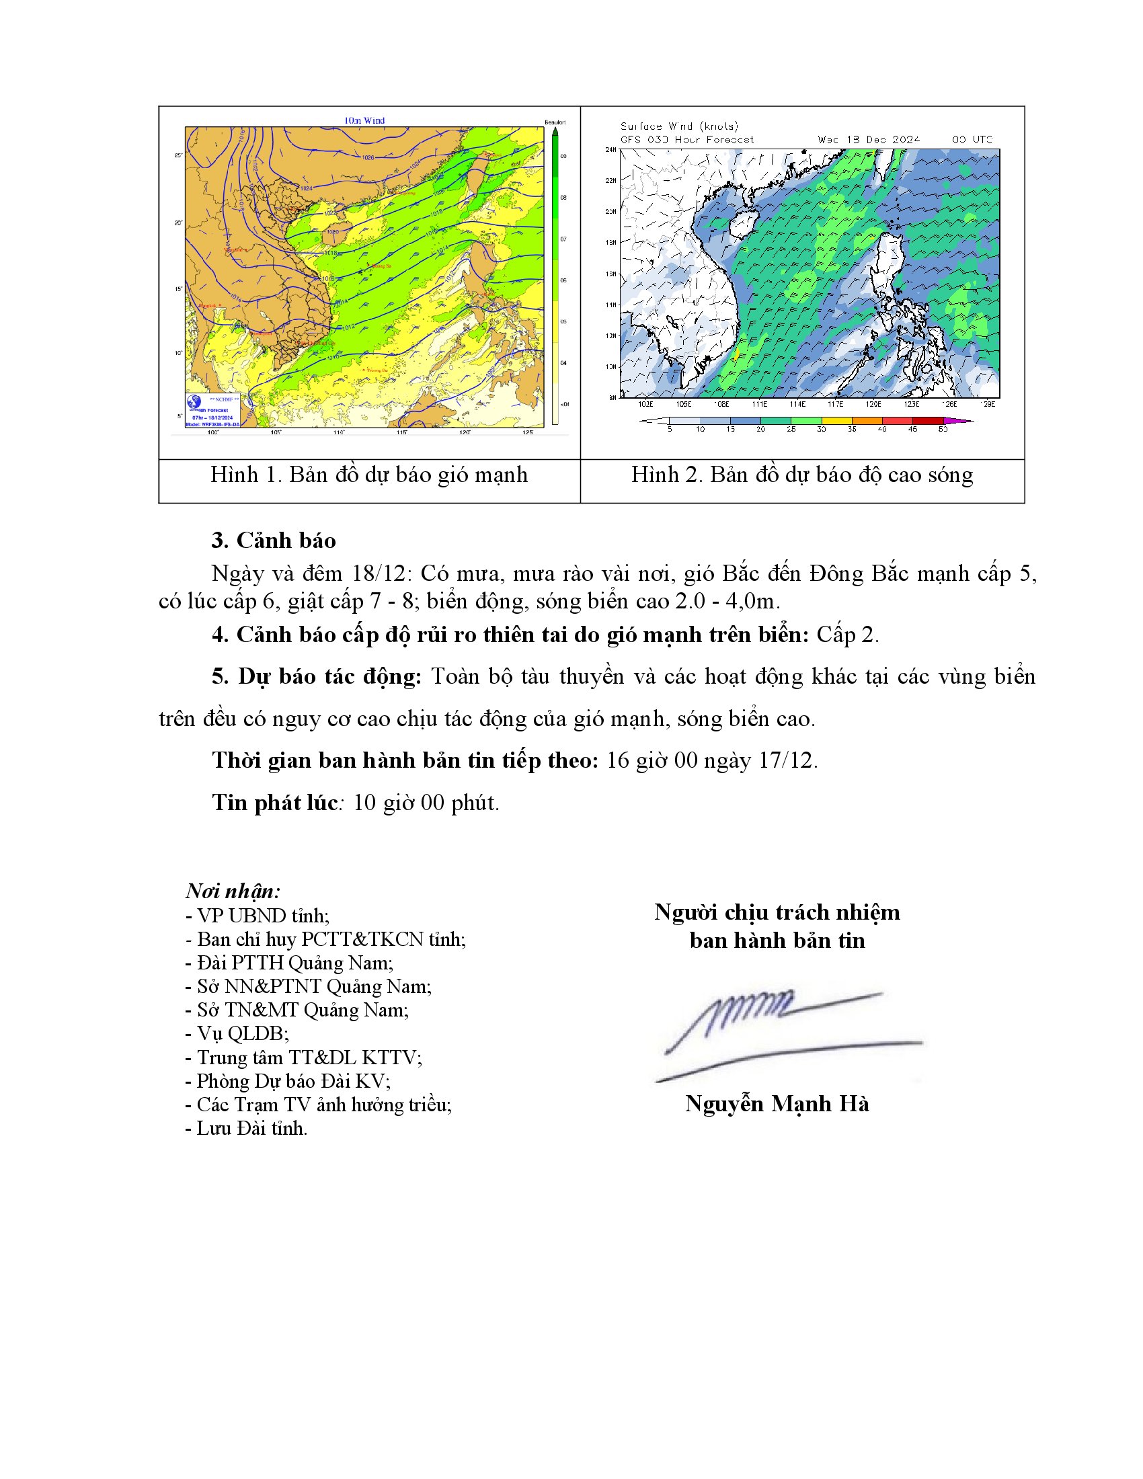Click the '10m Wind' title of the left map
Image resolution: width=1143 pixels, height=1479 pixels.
coord(364,120)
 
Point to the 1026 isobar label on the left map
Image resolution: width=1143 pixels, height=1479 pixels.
coord(368,158)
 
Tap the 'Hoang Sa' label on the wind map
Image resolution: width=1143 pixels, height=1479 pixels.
coord(381,266)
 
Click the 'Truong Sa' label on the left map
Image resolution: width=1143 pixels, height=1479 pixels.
coord(377,370)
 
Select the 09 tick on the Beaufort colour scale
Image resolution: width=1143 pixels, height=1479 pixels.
coord(563,157)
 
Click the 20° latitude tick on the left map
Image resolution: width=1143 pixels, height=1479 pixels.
coord(179,222)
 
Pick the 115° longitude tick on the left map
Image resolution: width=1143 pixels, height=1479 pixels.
coord(401,432)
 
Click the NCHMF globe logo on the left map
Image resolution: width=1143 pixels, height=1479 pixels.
coord(194,401)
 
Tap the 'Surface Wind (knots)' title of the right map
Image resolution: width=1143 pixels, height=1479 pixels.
coord(679,126)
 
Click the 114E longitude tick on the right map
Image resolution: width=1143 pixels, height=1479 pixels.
coord(797,404)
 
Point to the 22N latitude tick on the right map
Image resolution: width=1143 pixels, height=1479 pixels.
coord(610,180)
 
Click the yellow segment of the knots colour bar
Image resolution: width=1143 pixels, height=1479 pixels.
coord(836,421)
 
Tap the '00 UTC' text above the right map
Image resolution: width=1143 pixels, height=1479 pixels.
coord(972,140)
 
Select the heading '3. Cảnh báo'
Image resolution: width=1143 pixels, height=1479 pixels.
coord(274,541)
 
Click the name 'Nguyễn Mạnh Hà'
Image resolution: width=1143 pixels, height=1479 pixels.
coord(777,1103)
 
